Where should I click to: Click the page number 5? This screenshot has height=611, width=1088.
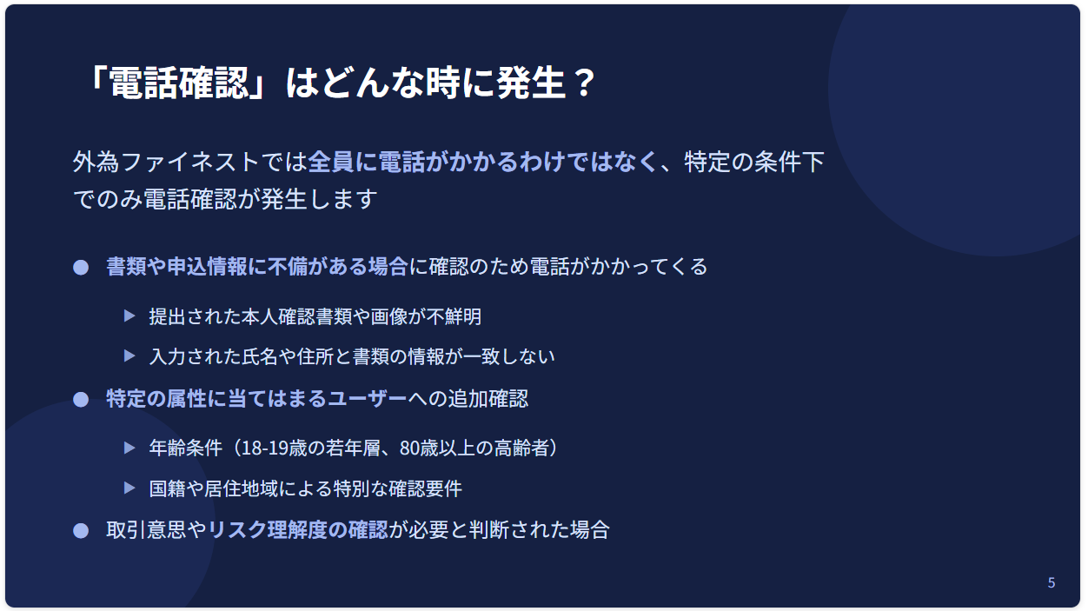coord(1052,583)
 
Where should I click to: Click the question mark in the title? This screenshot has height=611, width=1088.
coord(583,83)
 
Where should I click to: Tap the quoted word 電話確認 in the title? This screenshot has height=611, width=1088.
coord(179,83)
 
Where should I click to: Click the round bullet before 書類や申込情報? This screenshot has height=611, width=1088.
coord(81,268)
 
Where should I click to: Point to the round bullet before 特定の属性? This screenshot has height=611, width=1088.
coord(81,400)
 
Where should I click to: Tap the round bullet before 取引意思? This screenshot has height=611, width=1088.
coord(81,531)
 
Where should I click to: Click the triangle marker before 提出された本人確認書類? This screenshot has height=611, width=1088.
coord(129,316)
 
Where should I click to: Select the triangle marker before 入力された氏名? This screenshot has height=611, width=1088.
coord(129,356)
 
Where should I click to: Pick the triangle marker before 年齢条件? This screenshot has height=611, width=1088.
coord(129,448)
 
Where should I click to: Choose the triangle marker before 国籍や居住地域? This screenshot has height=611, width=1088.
coord(129,488)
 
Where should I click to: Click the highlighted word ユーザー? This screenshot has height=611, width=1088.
coord(368,399)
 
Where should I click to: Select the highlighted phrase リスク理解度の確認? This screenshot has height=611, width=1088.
coord(298,530)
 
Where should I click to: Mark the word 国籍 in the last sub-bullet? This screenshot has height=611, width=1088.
coord(167,488)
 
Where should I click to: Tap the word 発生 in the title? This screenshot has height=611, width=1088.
coord(530,83)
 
